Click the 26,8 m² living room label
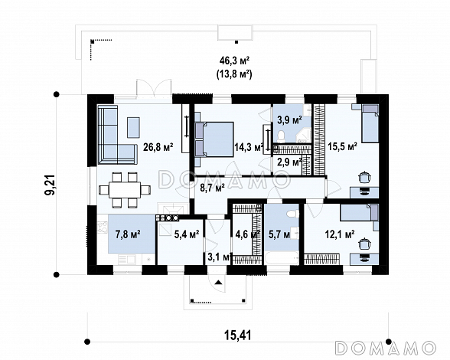pos(158,148)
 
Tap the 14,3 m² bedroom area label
pos(249,148)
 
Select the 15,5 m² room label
pos(342,146)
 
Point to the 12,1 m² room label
pos(340,234)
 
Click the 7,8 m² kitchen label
pos(128,234)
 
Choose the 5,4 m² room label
pos(187,234)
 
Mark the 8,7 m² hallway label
pos(212,188)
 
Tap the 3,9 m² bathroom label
pos(289,119)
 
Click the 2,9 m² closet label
pos(289,162)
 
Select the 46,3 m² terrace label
pos(234,61)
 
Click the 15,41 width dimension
pos(237,335)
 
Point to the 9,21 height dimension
pos(51,184)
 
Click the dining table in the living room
pos(125,190)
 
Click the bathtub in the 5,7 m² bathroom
pos(282,259)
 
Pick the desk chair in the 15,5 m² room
pos(364,177)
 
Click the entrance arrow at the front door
pos(219,282)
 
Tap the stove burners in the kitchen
pos(168,218)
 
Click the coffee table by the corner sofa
pos(133,127)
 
